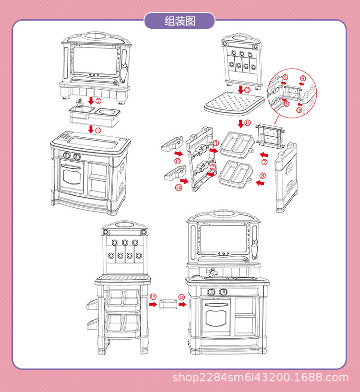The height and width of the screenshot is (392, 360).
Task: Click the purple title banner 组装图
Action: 180,21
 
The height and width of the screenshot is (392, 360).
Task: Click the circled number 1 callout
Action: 98,130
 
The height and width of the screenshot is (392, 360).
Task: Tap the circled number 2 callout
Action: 98,101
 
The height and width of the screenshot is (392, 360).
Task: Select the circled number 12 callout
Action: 247,90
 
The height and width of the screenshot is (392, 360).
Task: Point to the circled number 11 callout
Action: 248,123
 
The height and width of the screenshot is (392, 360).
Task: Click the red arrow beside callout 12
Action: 240,90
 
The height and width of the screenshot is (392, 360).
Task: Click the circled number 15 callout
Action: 153,297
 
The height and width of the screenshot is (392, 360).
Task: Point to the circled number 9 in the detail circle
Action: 302,78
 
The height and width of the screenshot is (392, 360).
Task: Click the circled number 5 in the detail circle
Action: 285,77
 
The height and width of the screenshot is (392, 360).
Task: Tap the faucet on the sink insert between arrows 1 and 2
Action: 80,102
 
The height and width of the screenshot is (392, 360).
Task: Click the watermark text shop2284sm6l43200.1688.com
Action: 260,378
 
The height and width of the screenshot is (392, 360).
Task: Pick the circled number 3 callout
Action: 216,143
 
